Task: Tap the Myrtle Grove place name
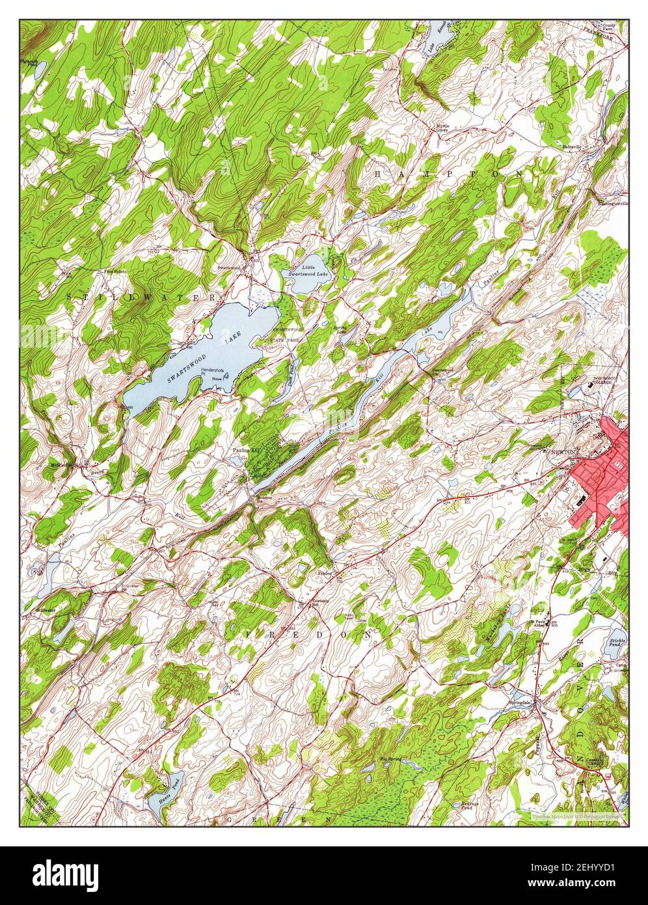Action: coord(442,127)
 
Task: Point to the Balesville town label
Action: coord(571,147)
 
